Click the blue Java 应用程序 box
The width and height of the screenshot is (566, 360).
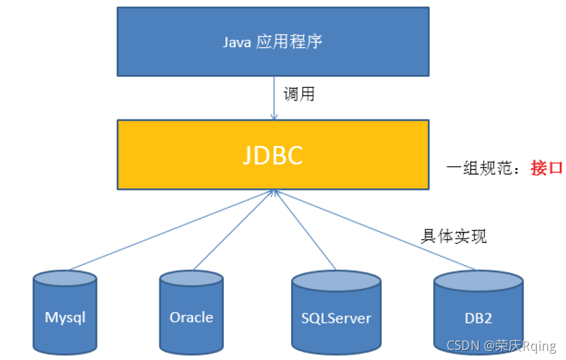coord(272,41)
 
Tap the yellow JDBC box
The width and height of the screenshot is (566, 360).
coord(272,155)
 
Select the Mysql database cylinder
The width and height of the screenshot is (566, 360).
coord(65,312)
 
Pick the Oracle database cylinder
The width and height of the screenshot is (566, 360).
coord(191,312)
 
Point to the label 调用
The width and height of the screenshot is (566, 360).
coord(299,94)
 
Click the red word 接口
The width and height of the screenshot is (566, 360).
coord(547,168)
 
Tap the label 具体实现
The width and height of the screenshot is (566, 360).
coord(454,236)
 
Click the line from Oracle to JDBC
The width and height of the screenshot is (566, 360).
coord(233,230)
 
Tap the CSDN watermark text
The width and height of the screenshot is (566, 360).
coord(501,346)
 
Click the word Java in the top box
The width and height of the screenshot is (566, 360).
coord(237,42)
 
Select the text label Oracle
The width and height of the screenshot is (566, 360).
coord(191,317)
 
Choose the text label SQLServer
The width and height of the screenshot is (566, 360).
coord(336,317)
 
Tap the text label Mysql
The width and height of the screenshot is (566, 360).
coord(65,317)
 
